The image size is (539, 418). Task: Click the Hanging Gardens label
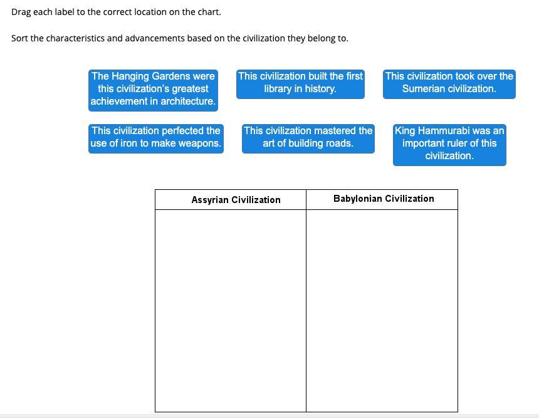(x=153, y=89)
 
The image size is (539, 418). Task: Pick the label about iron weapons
(x=155, y=137)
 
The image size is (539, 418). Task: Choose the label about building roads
(x=308, y=137)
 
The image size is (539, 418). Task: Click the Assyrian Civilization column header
(x=236, y=200)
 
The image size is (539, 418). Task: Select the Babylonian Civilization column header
(x=384, y=199)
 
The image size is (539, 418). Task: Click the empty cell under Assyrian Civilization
(x=231, y=310)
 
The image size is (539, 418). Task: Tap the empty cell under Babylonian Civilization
(x=382, y=310)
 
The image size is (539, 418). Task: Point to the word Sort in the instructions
(x=19, y=38)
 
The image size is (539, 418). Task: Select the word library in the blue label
(x=278, y=89)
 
